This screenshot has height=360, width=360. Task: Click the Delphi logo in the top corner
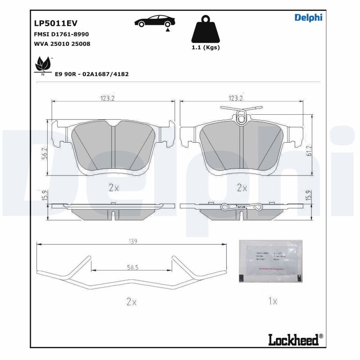[x=308, y=18]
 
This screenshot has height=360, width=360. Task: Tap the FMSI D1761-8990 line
[x=61, y=35]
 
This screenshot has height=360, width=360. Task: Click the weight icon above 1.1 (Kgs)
[x=205, y=30]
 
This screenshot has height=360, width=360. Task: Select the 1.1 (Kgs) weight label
[x=205, y=48]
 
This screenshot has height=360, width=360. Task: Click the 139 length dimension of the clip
[x=132, y=241]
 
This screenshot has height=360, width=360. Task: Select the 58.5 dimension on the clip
[x=132, y=267]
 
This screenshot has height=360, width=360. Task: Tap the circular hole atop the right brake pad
[x=243, y=119]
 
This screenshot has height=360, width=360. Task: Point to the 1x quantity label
[x=272, y=301]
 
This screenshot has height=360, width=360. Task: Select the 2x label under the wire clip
[x=131, y=302]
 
